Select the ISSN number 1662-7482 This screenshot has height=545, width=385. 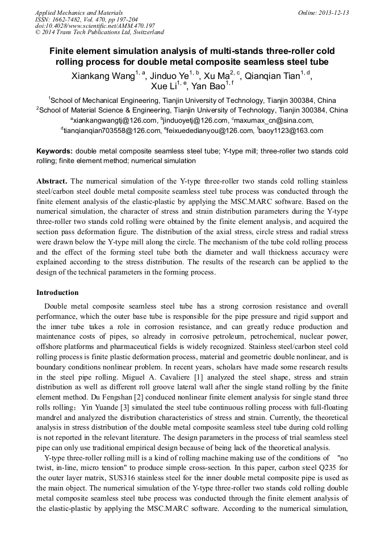[72, 19]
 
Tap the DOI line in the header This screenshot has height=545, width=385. [95, 26]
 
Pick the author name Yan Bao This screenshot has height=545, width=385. [208, 86]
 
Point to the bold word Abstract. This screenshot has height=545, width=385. [52, 181]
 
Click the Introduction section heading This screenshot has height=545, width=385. [57, 293]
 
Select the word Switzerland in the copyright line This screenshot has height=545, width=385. [146, 32]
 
